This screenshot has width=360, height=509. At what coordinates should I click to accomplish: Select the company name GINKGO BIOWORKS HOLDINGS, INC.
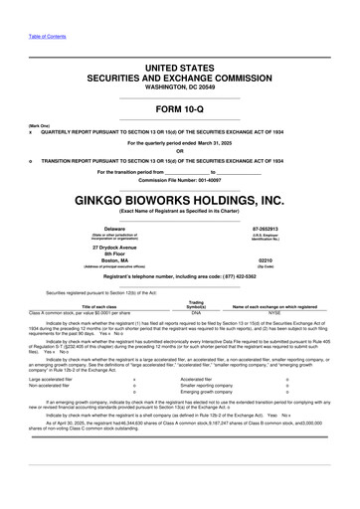(x=180, y=199)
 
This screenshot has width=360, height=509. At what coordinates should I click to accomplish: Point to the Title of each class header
(x=89, y=307)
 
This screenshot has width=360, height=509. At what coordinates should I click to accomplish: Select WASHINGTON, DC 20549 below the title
(x=180, y=86)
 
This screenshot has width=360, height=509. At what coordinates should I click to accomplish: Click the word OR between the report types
(x=180, y=151)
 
